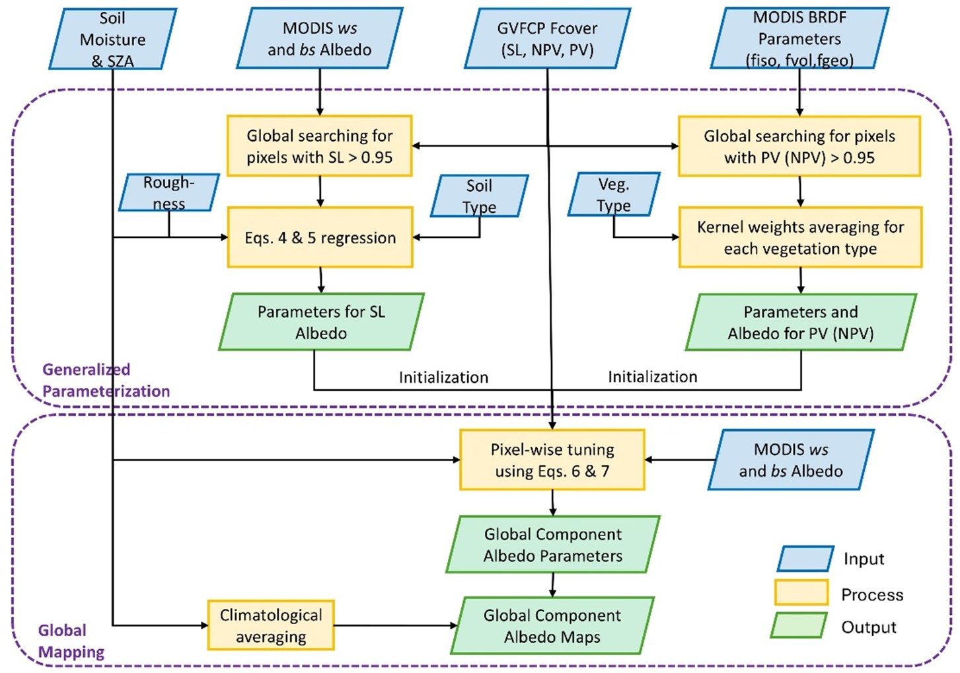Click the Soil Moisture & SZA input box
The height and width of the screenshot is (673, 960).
112,39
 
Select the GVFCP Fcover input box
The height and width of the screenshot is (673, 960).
547,38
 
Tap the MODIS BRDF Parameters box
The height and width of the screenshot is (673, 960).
799,38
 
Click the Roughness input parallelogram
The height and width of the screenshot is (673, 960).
168,192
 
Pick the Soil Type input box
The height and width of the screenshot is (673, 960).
479,196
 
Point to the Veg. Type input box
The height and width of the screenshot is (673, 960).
614,194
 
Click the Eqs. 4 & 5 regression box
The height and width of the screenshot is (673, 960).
320,237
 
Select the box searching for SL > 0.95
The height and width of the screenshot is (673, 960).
320,146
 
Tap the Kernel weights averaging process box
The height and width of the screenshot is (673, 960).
800,237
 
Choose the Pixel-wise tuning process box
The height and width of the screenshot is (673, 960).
552,460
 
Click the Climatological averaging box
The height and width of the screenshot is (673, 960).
271,625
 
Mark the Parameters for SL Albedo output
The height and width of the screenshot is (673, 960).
321,322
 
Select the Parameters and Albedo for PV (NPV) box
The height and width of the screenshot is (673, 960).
801,322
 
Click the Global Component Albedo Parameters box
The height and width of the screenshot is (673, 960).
552,545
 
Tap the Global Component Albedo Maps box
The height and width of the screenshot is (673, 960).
552,626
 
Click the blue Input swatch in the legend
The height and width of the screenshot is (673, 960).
805,559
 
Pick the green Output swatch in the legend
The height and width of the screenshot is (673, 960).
799,625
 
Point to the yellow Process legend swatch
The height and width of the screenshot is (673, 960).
801,592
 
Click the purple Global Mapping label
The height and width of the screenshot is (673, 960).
71,641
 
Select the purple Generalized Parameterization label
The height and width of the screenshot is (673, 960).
106,380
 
